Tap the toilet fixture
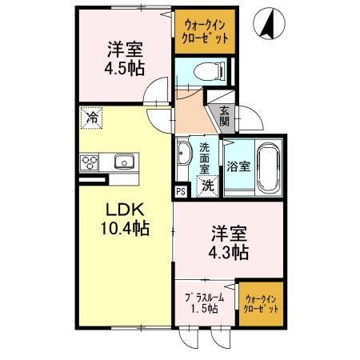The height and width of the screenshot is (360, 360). (212, 70)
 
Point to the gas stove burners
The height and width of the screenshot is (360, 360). (90, 163)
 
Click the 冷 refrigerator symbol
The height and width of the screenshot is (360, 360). (92, 119)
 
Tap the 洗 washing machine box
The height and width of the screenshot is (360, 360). (207, 186)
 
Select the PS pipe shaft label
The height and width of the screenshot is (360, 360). (181, 191)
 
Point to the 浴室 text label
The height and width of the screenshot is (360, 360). (238, 166)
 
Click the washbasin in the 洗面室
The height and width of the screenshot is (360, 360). (184, 152)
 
